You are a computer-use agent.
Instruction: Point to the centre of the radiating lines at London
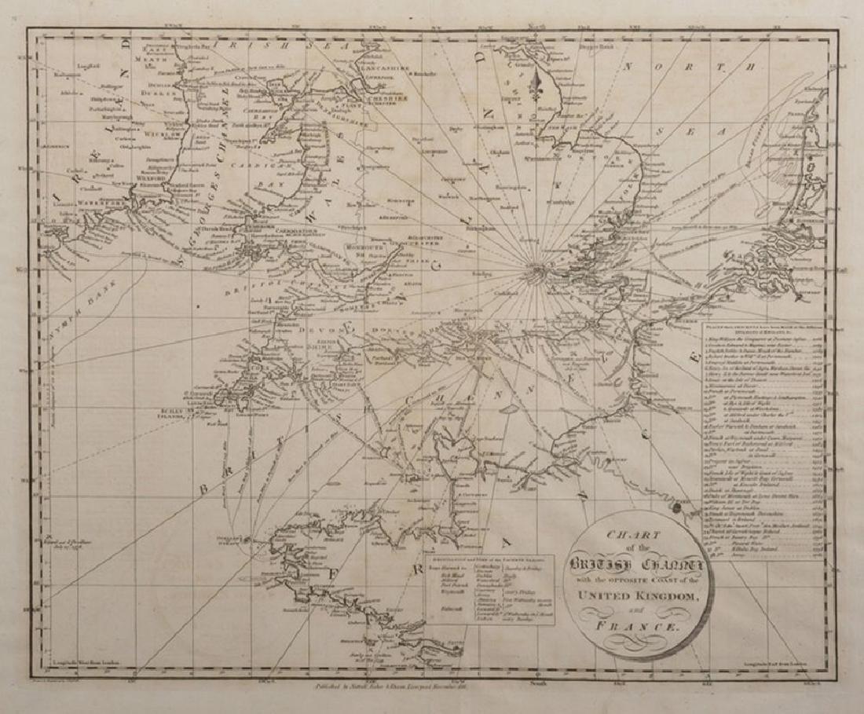(x=539, y=272)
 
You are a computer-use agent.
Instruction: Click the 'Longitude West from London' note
(x=82, y=662)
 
